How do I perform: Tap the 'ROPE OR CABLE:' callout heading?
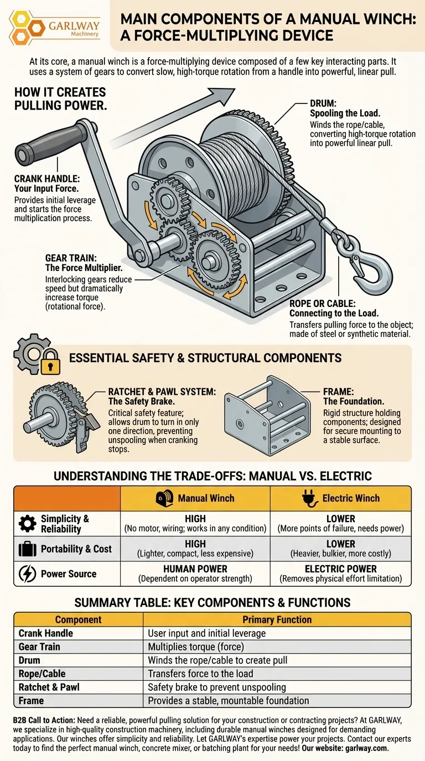click(x=323, y=304)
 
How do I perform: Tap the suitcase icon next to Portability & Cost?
click(x=27, y=549)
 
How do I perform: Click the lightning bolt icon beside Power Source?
click(x=27, y=574)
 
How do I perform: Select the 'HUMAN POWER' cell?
click(x=195, y=569)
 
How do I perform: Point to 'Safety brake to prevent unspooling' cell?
click(x=216, y=687)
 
